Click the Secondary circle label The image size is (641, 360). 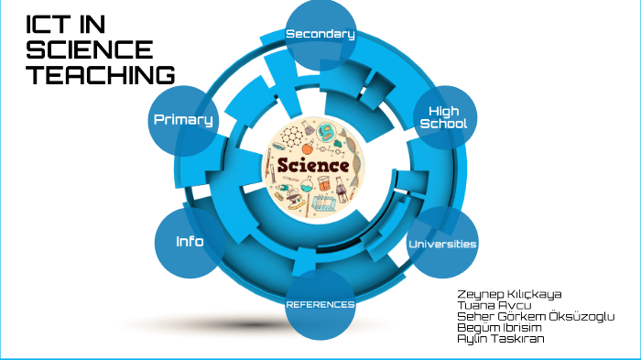click(320, 35)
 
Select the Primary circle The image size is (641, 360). click(183, 119)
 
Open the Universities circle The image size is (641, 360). click(442, 244)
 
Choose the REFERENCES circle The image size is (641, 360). click(320, 304)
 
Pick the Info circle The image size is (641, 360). click(190, 242)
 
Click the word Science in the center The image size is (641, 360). click(312, 166)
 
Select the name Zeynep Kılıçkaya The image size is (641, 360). click(509, 294)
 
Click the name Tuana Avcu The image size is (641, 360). click(494, 305)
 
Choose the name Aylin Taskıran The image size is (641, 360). click(503, 338)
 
